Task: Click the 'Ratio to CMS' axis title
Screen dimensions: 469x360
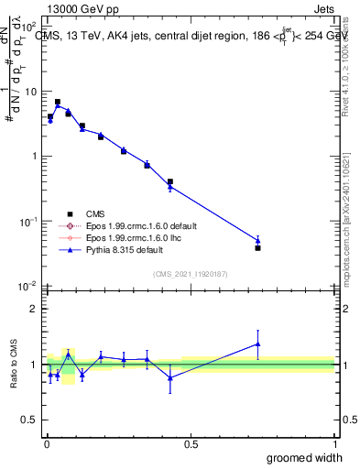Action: click(14, 365)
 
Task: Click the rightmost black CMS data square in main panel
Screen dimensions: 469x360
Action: click(257, 248)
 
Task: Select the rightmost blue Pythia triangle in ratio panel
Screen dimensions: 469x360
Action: click(257, 344)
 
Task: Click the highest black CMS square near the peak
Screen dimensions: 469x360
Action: click(57, 102)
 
